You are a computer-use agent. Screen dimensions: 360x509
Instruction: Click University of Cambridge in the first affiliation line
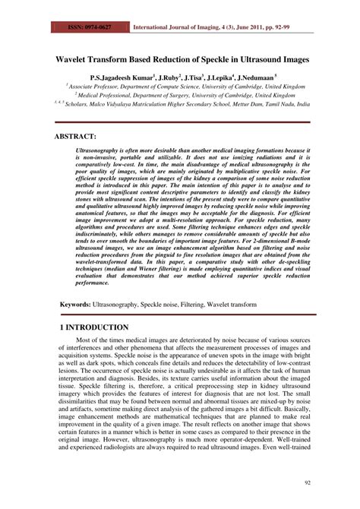click(242, 88)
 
